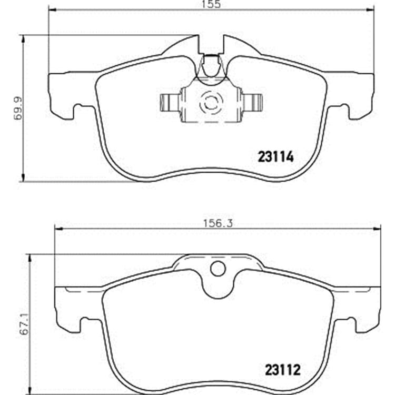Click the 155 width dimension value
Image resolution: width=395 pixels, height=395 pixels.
pyautogui.click(x=211, y=4)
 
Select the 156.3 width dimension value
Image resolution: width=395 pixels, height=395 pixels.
pyautogui.click(x=218, y=224)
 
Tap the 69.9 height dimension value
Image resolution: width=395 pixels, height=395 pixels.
pyautogui.click(x=18, y=108)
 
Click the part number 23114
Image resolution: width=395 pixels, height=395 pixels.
pyautogui.click(x=276, y=157)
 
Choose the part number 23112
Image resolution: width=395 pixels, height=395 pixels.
pyautogui.click(x=283, y=370)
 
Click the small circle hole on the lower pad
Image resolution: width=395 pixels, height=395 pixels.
pyautogui.click(x=218, y=269)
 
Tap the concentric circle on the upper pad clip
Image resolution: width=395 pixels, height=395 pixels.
pyautogui.click(x=211, y=103)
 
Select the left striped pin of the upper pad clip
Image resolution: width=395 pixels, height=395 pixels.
pyautogui.click(x=170, y=103)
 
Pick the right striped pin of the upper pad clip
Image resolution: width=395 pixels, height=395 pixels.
pyautogui.click(x=252, y=103)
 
